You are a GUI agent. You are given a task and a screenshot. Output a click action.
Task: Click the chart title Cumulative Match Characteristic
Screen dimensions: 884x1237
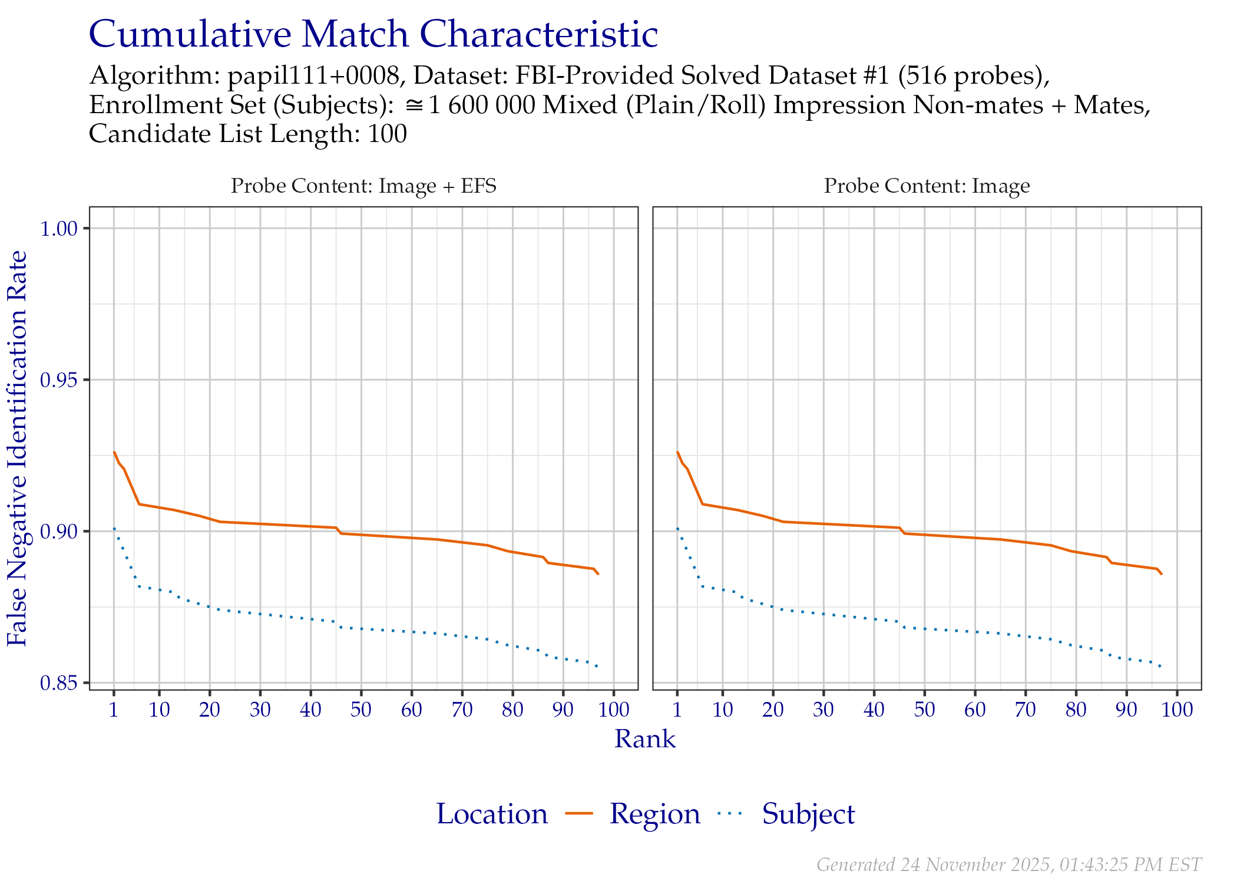click(373, 34)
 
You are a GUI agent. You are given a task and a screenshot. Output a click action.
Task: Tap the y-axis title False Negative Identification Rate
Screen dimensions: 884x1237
click(18, 448)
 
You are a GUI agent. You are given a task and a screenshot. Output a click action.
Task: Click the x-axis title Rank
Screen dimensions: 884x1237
click(645, 739)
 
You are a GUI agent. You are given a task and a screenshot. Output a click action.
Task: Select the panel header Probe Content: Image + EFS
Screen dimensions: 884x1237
click(363, 186)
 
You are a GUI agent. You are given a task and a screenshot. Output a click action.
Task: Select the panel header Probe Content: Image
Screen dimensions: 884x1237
click(927, 186)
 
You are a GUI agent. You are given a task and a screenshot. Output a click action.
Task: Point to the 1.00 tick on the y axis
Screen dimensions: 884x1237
click(59, 229)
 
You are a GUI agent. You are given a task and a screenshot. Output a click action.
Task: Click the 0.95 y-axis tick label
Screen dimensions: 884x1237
click(59, 380)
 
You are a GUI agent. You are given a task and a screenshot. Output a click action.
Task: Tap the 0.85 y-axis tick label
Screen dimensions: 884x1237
click(59, 683)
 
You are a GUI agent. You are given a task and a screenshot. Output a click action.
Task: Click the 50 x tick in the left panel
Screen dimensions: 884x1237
click(360, 710)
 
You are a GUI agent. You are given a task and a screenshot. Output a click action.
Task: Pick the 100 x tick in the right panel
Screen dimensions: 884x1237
click(1176, 710)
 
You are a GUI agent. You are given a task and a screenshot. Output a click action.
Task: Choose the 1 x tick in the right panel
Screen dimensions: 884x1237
click(677, 710)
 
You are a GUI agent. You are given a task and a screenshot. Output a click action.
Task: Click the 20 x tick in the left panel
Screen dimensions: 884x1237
click(209, 710)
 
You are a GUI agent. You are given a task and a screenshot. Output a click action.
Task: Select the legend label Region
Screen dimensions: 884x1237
click(654, 814)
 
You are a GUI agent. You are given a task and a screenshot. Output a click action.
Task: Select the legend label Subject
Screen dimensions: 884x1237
click(808, 814)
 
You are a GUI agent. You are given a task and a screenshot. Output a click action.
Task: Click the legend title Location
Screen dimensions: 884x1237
click(492, 814)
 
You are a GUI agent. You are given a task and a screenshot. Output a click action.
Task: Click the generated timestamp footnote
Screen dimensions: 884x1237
click(1008, 865)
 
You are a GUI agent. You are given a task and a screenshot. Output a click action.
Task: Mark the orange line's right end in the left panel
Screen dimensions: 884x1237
click(598, 574)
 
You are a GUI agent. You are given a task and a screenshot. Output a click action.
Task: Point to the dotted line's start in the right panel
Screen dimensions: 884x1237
click(678, 529)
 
